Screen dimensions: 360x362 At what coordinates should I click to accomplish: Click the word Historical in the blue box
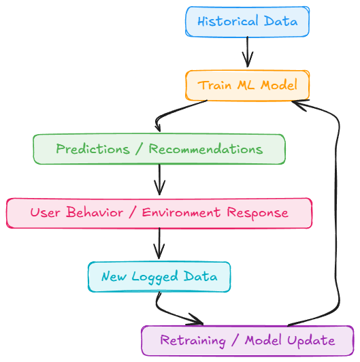coord(228,21)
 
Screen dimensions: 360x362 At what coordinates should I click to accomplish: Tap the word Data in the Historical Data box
coord(280,21)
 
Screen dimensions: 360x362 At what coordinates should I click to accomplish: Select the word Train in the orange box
coord(214,85)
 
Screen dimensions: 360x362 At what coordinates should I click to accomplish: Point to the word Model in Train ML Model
coord(279,85)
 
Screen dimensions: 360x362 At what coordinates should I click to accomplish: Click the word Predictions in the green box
coord(93,149)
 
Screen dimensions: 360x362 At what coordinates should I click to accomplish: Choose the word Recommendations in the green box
coord(206,149)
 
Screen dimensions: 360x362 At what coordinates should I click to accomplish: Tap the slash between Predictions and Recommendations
coord(139,149)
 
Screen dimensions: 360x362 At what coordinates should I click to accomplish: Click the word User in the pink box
coord(46,212)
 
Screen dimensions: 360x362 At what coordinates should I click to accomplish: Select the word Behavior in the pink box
coord(95,212)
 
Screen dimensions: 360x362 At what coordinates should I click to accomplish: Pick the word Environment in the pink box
coord(181,212)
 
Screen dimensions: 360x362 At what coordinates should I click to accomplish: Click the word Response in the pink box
coord(257,213)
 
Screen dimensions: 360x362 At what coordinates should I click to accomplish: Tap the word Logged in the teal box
coord(155,276)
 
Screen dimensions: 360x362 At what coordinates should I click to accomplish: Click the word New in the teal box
coord(114,276)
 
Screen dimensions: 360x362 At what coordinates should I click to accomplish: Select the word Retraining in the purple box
coord(193,341)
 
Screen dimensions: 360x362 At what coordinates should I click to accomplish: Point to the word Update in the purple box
coord(311,341)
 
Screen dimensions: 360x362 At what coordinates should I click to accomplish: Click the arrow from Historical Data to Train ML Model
coord(248,52)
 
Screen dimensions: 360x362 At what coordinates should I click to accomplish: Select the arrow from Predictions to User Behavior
coord(159,180)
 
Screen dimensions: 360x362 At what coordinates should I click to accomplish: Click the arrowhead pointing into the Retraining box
coord(195,320)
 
